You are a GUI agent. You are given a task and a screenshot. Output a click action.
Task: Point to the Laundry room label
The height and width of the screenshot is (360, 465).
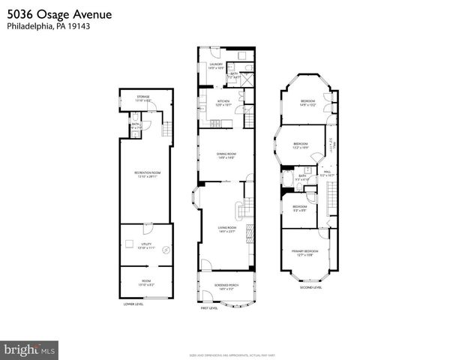pos(216,66)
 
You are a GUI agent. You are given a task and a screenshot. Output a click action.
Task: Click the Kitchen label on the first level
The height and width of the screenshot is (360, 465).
pos(223,103)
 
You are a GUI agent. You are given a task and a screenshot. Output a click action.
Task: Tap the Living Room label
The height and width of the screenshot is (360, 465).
pos(226,229)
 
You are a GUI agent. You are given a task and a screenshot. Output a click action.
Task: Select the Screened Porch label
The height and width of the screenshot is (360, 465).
pos(226,287)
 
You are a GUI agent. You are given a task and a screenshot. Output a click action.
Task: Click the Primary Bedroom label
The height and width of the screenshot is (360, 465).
pos(305,253)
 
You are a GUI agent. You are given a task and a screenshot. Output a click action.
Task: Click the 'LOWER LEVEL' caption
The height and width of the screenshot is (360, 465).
pos(134,304)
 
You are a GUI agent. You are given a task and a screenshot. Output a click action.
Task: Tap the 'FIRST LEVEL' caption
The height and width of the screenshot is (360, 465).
pos(208,308)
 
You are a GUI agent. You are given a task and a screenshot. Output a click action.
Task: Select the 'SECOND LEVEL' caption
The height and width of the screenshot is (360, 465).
pos(310,287)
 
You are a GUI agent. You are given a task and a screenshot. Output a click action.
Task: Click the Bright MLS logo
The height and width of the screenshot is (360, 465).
pos(30,349)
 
